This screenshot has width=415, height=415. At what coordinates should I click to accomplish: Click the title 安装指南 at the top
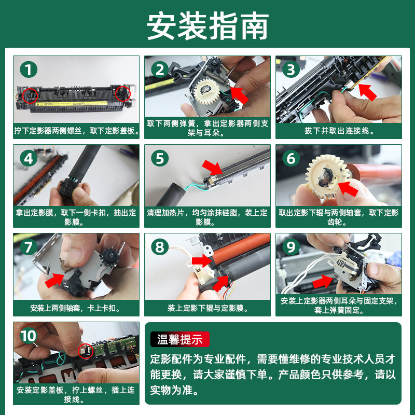tap(208, 25)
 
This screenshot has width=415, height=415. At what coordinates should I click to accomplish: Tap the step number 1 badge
tap(29, 70)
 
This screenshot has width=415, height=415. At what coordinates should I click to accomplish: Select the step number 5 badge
tap(160, 158)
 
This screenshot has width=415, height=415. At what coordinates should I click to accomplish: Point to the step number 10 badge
tap(29, 336)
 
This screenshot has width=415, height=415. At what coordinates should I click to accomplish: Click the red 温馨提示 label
tap(180, 339)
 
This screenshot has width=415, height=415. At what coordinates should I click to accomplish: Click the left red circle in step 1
tap(30, 95)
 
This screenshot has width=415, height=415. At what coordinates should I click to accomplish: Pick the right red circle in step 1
tap(123, 93)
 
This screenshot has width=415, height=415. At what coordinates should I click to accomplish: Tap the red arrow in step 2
tap(240, 95)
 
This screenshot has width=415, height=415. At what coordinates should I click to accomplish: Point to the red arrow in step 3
tap(367, 92)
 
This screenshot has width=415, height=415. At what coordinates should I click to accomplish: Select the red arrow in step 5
tap(212, 167)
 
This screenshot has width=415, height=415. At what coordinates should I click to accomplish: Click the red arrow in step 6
tap(348, 188)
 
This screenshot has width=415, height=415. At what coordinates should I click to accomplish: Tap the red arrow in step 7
tap(54, 281)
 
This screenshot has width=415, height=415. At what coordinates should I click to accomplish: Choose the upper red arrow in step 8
tap(202, 261)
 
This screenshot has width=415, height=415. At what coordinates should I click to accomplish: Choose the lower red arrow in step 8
tap(221, 283)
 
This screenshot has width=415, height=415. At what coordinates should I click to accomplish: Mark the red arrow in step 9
tap(323, 282)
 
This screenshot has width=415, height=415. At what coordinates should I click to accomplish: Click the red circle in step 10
tap(86, 351)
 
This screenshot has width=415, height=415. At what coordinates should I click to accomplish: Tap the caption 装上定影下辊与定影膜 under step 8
tap(207, 308)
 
